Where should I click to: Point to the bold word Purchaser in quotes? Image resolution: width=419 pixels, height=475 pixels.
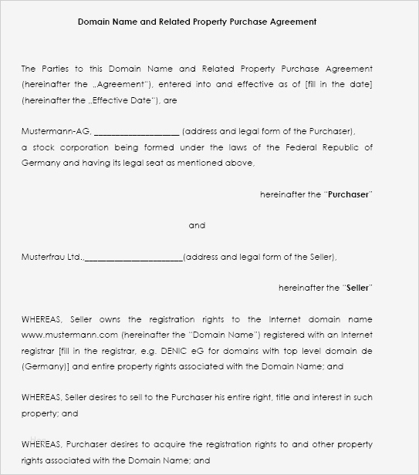point(349,195)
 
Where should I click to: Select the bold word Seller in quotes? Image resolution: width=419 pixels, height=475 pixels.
point(357,288)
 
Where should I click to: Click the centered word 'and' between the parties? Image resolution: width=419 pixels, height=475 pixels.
point(197,226)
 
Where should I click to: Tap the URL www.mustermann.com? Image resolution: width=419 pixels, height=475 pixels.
point(69,335)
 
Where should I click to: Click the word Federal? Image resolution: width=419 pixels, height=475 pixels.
point(299,147)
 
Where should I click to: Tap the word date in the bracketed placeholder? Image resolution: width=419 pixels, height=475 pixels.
point(360,84)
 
